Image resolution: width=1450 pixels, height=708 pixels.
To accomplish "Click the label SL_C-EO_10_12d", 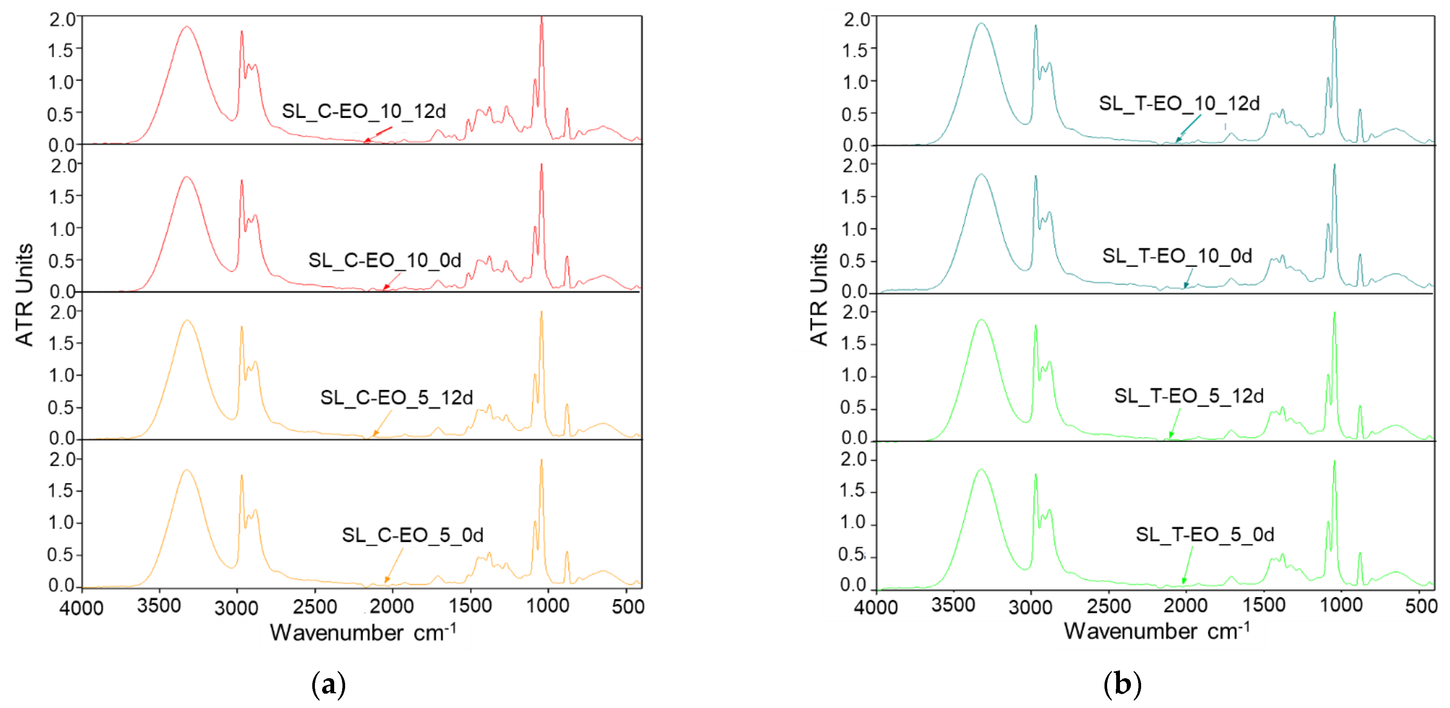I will point(364,111).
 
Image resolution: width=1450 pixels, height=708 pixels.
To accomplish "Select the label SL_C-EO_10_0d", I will point(384,260).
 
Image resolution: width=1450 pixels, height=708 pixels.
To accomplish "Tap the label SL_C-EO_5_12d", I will point(396,397).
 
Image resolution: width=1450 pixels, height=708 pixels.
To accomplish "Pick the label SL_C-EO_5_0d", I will point(413,535).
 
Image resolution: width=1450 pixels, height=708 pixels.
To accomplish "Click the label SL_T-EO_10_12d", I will point(1179,103).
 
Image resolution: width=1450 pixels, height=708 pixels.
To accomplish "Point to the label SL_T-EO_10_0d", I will point(1177,256).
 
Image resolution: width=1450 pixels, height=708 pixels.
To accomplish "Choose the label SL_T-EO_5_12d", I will point(1189,396).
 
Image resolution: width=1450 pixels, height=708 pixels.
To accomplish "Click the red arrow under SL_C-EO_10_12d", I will point(378,135).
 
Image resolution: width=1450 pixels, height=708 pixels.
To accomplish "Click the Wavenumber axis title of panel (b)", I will point(1156,631).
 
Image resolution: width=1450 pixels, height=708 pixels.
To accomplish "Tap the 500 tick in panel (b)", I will point(1420,606).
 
